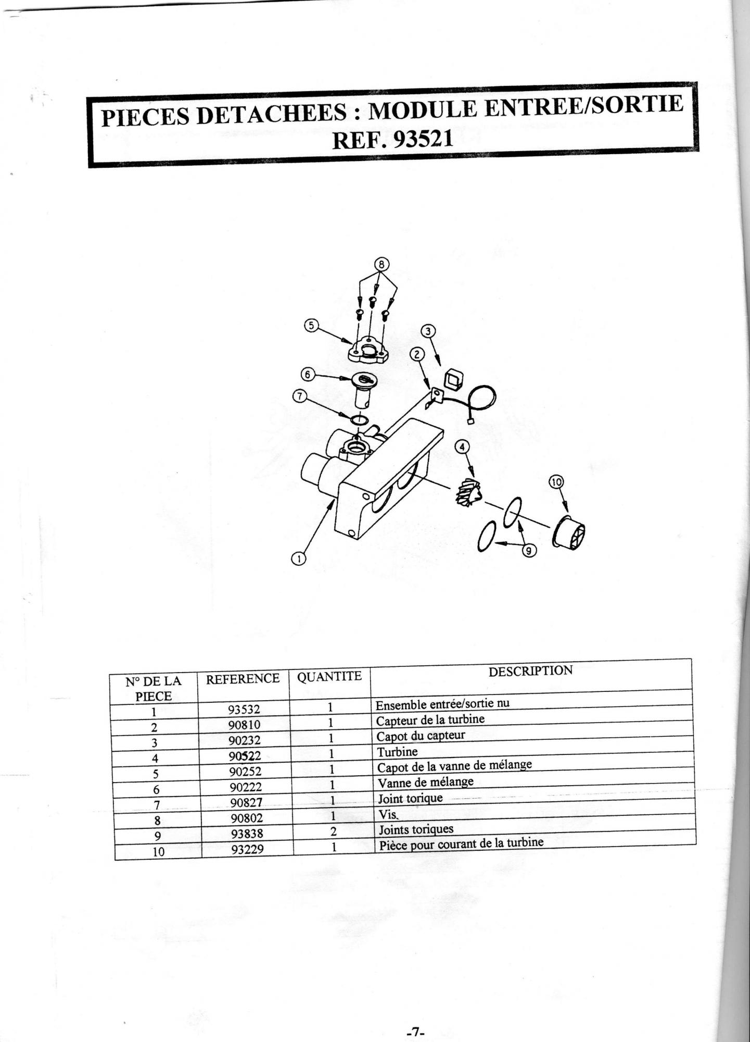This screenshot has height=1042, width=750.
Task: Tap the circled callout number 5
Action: [310, 325]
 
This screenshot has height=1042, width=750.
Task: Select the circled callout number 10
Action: [556, 482]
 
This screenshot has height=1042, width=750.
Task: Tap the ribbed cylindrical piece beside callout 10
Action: [569, 532]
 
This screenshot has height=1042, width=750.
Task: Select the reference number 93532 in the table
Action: [244, 709]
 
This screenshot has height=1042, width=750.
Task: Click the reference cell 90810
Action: [244, 724]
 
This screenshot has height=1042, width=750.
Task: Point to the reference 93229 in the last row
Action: [248, 849]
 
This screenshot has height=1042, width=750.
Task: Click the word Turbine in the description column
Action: [397, 752]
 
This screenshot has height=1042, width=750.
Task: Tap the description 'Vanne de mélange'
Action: [425, 783]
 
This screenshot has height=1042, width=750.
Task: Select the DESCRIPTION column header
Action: [530, 671]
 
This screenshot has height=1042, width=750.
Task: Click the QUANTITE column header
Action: [329, 676]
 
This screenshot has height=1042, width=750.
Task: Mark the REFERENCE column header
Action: [243, 679]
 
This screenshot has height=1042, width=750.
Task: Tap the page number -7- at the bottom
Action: [415, 1031]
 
